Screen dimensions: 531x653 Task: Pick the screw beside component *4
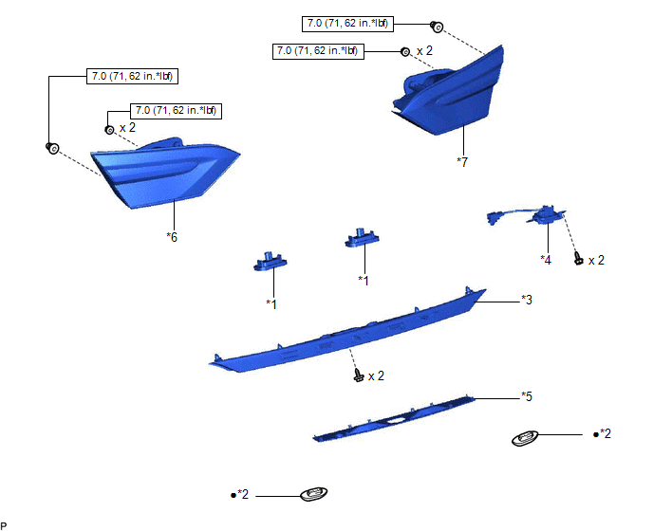tap(578, 258)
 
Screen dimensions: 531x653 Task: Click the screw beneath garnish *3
tap(357, 376)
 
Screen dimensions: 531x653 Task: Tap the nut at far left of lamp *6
tap(53, 148)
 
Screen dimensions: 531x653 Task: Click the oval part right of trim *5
tap(525, 438)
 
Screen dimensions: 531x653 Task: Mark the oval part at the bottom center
tap(311, 494)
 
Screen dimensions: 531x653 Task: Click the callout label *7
tap(461, 162)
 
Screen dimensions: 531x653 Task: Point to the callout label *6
tap(172, 236)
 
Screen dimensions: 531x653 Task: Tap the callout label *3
tap(526, 300)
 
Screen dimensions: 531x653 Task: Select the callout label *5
tap(526, 394)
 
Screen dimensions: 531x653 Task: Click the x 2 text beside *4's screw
tap(596, 260)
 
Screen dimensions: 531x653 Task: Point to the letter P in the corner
tap(5, 524)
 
